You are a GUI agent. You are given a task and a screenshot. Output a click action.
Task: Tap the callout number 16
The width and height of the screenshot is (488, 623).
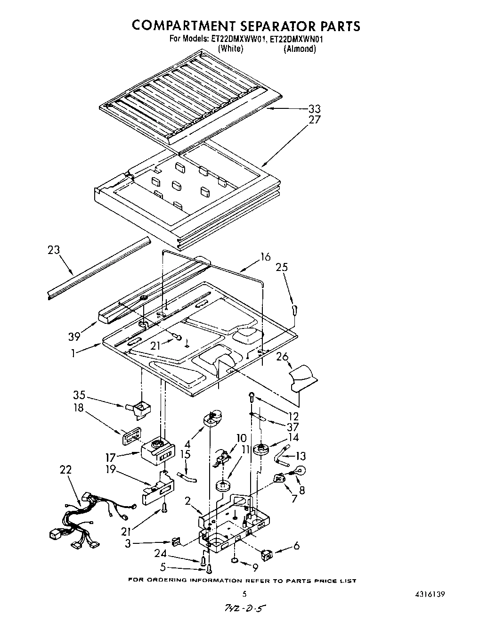pyautogui.click(x=266, y=257)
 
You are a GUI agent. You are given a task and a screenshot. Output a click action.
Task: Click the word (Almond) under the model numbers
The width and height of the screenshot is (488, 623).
pyautogui.click(x=299, y=49)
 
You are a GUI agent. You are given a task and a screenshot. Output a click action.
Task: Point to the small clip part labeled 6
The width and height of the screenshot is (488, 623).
pyautogui.click(x=268, y=555)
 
